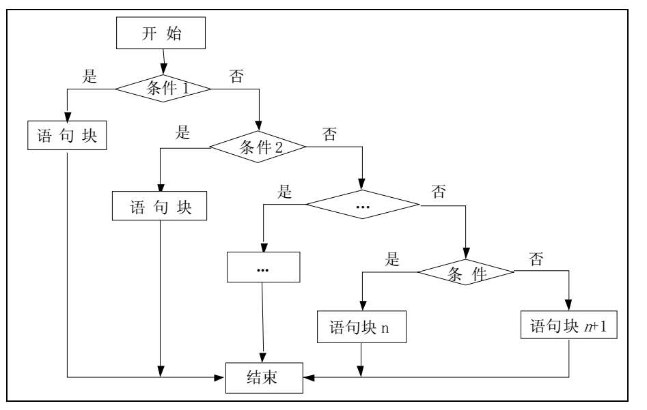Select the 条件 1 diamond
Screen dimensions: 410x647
[163, 87]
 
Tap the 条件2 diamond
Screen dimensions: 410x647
[256, 146]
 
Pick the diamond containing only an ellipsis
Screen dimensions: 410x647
[362, 205]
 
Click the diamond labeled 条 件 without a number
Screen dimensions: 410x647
[466, 274]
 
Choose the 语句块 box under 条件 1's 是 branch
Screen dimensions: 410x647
[67, 136]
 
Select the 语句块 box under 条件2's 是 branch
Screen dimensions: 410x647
[159, 206]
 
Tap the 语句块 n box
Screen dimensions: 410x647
[360, 327]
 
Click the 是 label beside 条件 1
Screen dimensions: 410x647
[90, 77]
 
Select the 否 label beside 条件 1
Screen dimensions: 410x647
[236, 76]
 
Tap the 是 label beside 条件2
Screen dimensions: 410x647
[182, 133]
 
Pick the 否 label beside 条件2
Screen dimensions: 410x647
[329, 134]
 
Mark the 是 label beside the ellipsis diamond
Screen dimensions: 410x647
[285, 192]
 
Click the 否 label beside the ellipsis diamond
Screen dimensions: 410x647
[439, 192]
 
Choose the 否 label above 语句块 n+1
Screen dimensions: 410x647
[536, 259]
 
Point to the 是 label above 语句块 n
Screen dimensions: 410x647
[392, 259]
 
